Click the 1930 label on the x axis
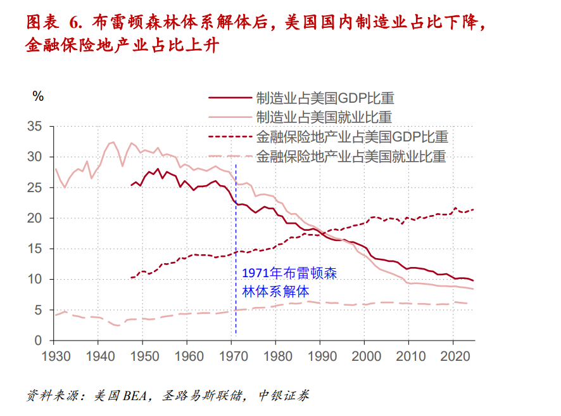point(54,356)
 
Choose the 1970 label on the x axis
point(232,356)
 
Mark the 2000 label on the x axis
point(365,356)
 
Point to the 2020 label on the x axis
point(454,356)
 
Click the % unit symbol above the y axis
point(39,96)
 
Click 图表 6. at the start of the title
point(54,23)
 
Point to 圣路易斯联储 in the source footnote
point(202,396)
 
